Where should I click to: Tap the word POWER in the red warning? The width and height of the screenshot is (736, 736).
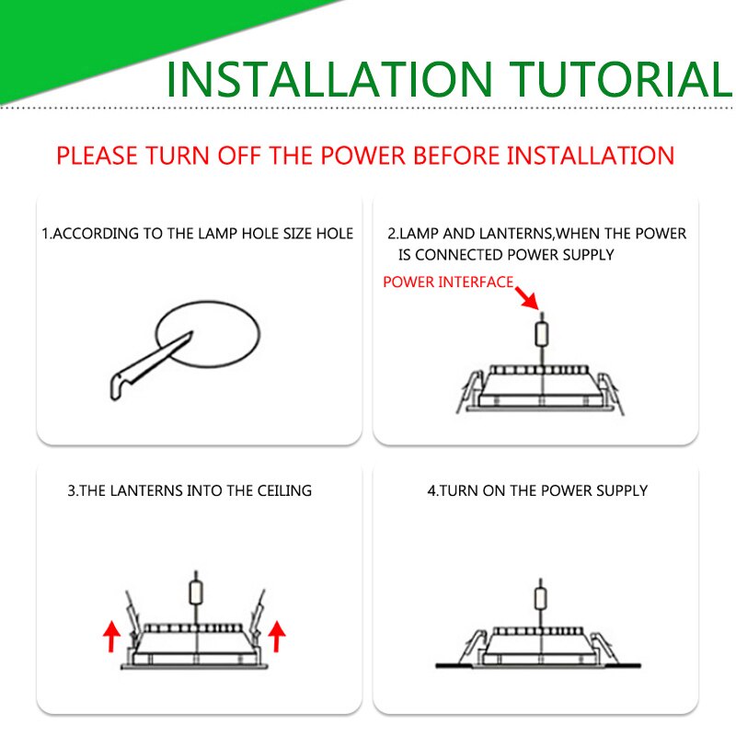(x=362, y=155)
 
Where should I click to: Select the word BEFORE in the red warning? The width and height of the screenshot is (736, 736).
(x=455, y=155)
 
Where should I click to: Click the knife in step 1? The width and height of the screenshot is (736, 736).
(x=149, y=366)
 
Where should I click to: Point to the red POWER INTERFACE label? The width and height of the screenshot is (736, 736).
(x=448, y=282)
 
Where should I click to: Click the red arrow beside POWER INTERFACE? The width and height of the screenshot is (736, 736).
(x=527, y=297)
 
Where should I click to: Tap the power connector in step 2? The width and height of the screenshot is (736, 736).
(x=542, y=334)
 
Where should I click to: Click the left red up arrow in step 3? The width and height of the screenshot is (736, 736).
(x=111, y=636)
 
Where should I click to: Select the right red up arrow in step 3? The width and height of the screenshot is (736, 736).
(x=277, y=636)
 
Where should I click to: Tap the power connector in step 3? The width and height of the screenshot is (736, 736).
(x=196, y=592)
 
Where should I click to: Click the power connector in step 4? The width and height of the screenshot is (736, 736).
(x=541, y=599)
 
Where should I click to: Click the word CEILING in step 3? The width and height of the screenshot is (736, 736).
(x=284, y=491)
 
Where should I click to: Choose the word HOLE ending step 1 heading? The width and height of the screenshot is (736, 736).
(x=335, y=234)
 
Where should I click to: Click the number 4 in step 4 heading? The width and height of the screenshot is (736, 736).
(x=431, y=491)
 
